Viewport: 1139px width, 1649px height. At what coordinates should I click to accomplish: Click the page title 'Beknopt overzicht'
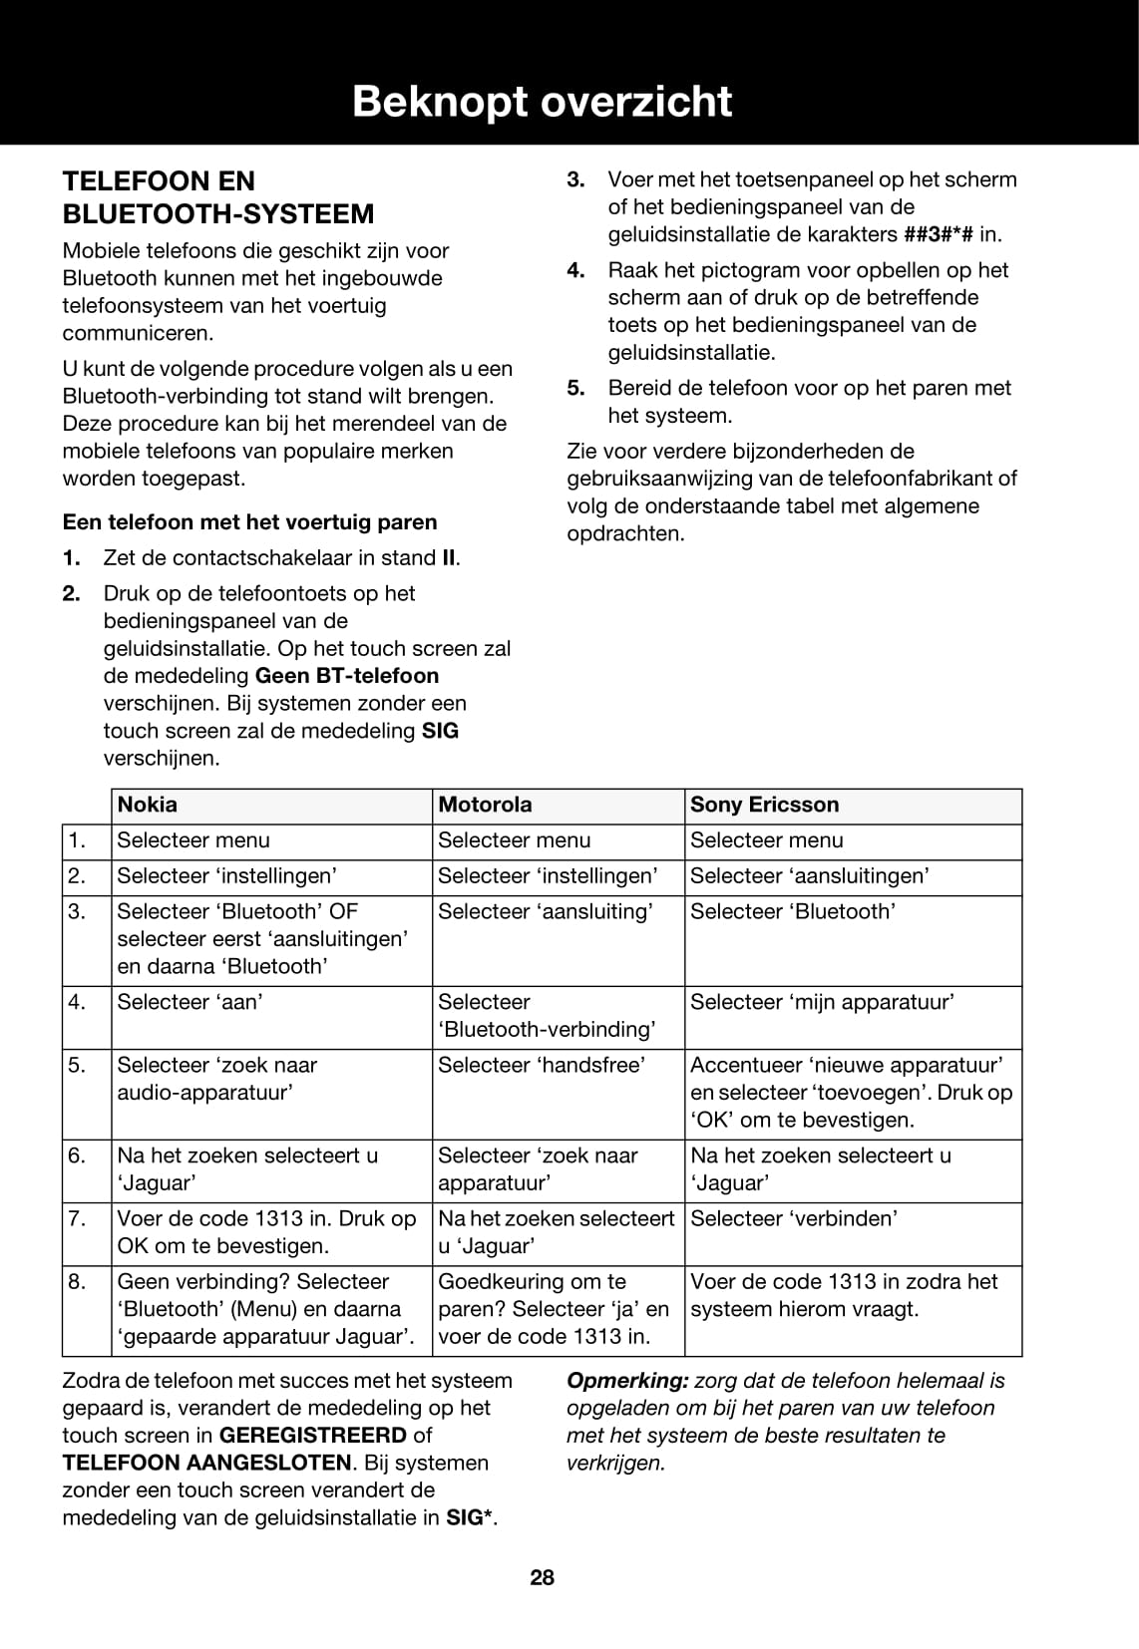[x=542, y=102]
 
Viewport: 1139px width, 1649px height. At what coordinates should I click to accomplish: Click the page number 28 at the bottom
[x=543, y=1577]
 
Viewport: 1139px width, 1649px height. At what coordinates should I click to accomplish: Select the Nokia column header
[x=148, y=805]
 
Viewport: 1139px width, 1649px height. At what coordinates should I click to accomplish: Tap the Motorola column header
[x=485, y=805]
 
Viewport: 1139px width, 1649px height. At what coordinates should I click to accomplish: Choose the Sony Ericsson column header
[x=764, y=805]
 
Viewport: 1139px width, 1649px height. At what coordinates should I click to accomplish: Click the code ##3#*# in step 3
[x=939, y=235]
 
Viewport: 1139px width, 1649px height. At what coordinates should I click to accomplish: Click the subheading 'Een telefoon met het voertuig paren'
[x=249, y=522]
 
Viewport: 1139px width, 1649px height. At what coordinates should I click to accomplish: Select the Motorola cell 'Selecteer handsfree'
[x=542, y=1065]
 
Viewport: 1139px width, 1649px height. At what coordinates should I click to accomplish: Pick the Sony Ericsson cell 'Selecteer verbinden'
[x=794, y=1218]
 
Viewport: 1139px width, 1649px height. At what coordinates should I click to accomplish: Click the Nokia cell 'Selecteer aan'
[x=190, y=1002]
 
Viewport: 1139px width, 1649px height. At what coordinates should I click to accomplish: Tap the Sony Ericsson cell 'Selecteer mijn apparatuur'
[x=822, y=1002]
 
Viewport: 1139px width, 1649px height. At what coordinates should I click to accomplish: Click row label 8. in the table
[x=77, y=1281]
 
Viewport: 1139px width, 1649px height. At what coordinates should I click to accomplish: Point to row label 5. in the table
[x=77, y=1065]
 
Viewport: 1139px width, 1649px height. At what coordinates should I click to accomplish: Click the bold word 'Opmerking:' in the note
[x=627, y=1381]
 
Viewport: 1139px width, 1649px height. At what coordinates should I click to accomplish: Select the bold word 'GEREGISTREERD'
[x=312, y=1436]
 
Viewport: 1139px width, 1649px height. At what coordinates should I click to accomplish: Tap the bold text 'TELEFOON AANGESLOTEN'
[x=206, y=1464]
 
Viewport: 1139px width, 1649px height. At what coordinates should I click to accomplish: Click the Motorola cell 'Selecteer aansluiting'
[x=546, y=911]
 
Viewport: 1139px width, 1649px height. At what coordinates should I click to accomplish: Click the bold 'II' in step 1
[x=449, y=558]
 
